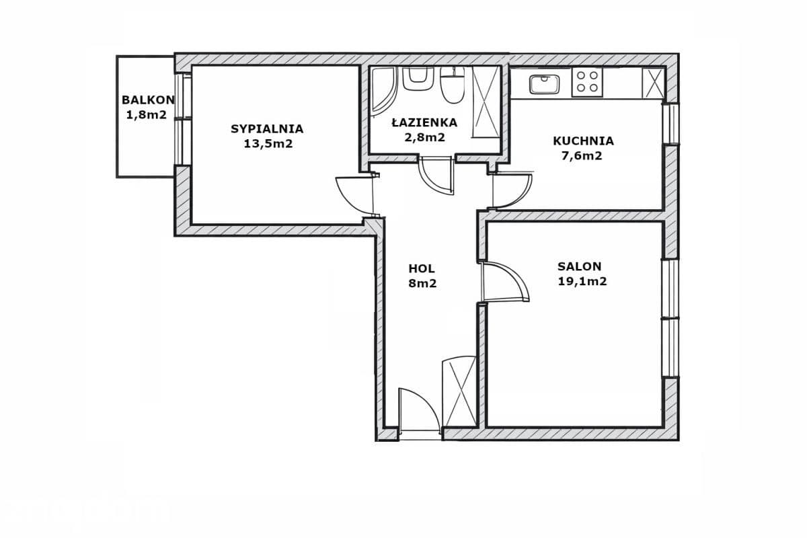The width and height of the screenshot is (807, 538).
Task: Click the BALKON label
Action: coord(148,100)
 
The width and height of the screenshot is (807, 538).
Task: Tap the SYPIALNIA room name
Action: coord(267,128)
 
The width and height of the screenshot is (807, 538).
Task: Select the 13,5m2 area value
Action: coord(268,144)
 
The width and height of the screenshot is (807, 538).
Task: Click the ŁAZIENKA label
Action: coord(424,122)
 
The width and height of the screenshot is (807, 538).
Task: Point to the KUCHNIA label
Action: coord(583,141)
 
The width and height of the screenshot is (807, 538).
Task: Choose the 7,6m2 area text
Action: coord(582,155)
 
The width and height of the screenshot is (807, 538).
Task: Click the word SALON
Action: coord(579,266)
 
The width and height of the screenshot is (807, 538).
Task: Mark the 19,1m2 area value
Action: coord(582,281)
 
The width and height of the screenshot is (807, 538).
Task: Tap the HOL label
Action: coord(422,268)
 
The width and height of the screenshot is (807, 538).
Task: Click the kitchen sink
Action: coord(544,84)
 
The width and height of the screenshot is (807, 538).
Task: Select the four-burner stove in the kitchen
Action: coord(587,82)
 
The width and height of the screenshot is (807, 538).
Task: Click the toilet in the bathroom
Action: coord(453,87)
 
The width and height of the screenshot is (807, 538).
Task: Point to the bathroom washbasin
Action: coord(417,79)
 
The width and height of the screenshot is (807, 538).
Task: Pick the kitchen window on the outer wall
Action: coord(671,124)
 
